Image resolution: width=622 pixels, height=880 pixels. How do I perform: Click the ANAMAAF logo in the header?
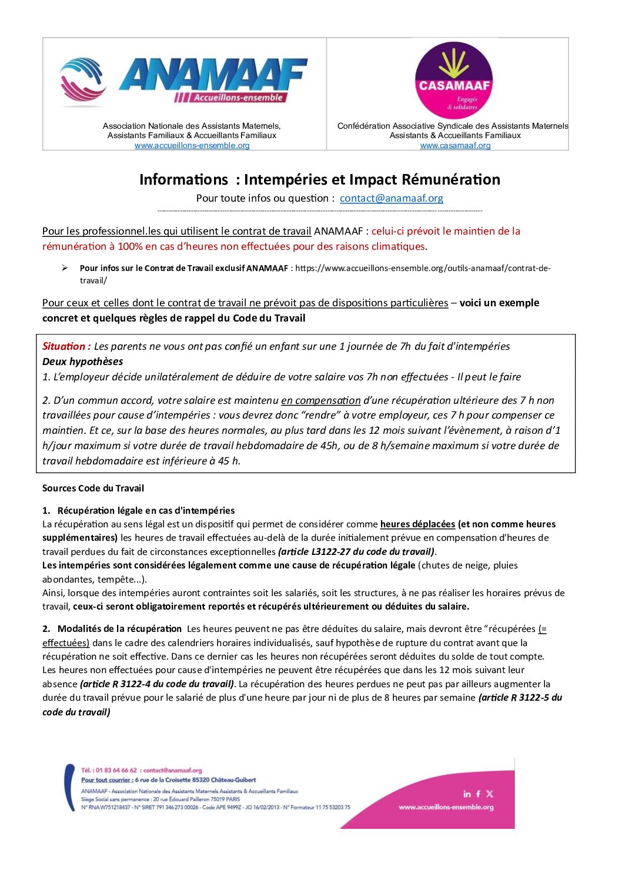point(184,80)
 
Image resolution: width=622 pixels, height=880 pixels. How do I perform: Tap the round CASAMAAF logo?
point(453,81)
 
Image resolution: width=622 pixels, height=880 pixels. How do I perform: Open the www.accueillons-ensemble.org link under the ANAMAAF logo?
point(192,145)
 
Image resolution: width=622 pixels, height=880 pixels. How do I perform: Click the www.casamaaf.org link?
point(455,145)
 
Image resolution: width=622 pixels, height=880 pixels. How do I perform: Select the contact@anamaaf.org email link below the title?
point(392,198)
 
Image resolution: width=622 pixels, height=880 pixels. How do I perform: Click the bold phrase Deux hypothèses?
point(82,362)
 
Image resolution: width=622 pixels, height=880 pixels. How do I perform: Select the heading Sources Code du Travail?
point(93,488)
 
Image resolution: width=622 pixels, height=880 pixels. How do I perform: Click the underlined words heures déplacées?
point(417,524)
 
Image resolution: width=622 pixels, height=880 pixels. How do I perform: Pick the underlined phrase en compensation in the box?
point(320,400)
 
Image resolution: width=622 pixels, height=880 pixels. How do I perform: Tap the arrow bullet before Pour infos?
point(65,268)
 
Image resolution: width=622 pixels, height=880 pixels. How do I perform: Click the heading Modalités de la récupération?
point(119,628)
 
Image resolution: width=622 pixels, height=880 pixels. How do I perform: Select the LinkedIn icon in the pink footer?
point(467,794)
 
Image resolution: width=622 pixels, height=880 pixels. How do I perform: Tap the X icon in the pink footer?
point(490,794)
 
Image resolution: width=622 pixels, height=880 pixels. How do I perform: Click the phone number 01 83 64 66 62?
point(116,770)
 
